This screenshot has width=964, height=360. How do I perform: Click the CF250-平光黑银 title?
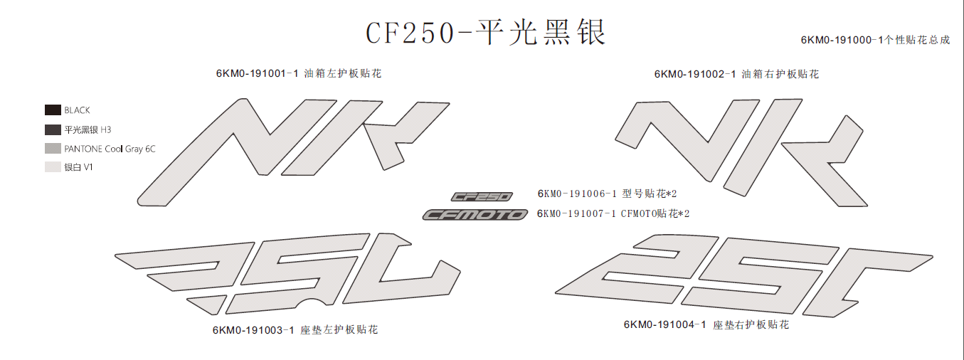point(485,33)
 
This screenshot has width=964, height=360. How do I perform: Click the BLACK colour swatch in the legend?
point(53,110)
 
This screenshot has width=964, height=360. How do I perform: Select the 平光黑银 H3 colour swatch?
point(53,129)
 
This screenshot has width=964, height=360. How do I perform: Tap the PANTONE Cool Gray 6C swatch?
point(53,149)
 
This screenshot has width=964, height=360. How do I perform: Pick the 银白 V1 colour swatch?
point(53,167)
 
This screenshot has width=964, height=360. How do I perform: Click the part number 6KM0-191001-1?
point(257,74)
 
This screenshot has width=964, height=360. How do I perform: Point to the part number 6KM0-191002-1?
point(695,74)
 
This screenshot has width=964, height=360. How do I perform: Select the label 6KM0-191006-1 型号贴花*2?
point(607,194)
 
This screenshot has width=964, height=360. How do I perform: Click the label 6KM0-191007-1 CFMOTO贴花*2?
point(613,213)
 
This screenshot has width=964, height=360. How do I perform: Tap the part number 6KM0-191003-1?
point(253,330)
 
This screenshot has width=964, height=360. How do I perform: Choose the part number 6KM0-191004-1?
point(665,324)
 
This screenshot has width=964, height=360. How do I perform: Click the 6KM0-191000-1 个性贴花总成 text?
point(875,40)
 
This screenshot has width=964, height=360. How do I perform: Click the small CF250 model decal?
point(482,197)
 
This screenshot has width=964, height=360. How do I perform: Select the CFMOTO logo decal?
point(475,214)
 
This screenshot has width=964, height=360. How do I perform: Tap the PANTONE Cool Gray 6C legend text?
point(110,149)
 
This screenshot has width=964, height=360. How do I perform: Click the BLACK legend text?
point(77,110)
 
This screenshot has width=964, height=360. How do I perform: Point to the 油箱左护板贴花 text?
point(343,74)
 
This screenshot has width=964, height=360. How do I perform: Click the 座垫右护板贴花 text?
point(751,325)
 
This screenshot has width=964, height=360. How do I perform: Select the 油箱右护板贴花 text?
point(780,74)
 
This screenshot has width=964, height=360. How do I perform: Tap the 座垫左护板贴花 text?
point(339,330)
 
